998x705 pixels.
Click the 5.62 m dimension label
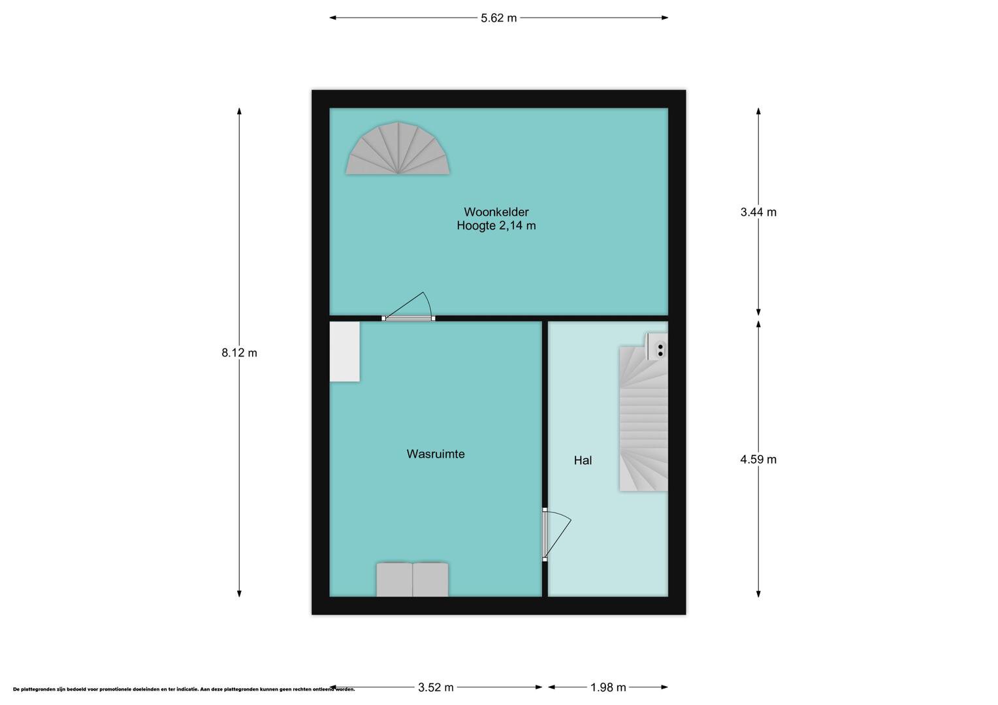[x=498, y=18]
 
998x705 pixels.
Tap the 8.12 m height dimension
[x=239, y=352]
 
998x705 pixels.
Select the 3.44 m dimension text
[x=758, y=212]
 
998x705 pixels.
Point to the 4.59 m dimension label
[x=758, y=459]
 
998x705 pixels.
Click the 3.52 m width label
[x=436, y=687]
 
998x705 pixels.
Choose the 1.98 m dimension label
[x=608, y=687]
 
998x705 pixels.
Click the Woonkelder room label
[x=496, y=212]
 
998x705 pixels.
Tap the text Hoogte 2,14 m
[x=496, y=226]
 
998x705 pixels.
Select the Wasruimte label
[x=436, y=454]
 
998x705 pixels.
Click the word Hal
[x=583, y=460]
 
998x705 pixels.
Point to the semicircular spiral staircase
[x=398, y=148]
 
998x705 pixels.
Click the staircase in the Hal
[x=643, y=419]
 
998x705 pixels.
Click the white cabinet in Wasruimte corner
[x=344, y=351]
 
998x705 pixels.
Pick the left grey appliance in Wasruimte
[x=394, y=580]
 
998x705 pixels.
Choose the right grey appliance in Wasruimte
[x=430, y=580]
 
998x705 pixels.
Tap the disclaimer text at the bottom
[x=184, y=689]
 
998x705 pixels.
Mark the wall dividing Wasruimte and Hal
[x=545, y=459]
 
